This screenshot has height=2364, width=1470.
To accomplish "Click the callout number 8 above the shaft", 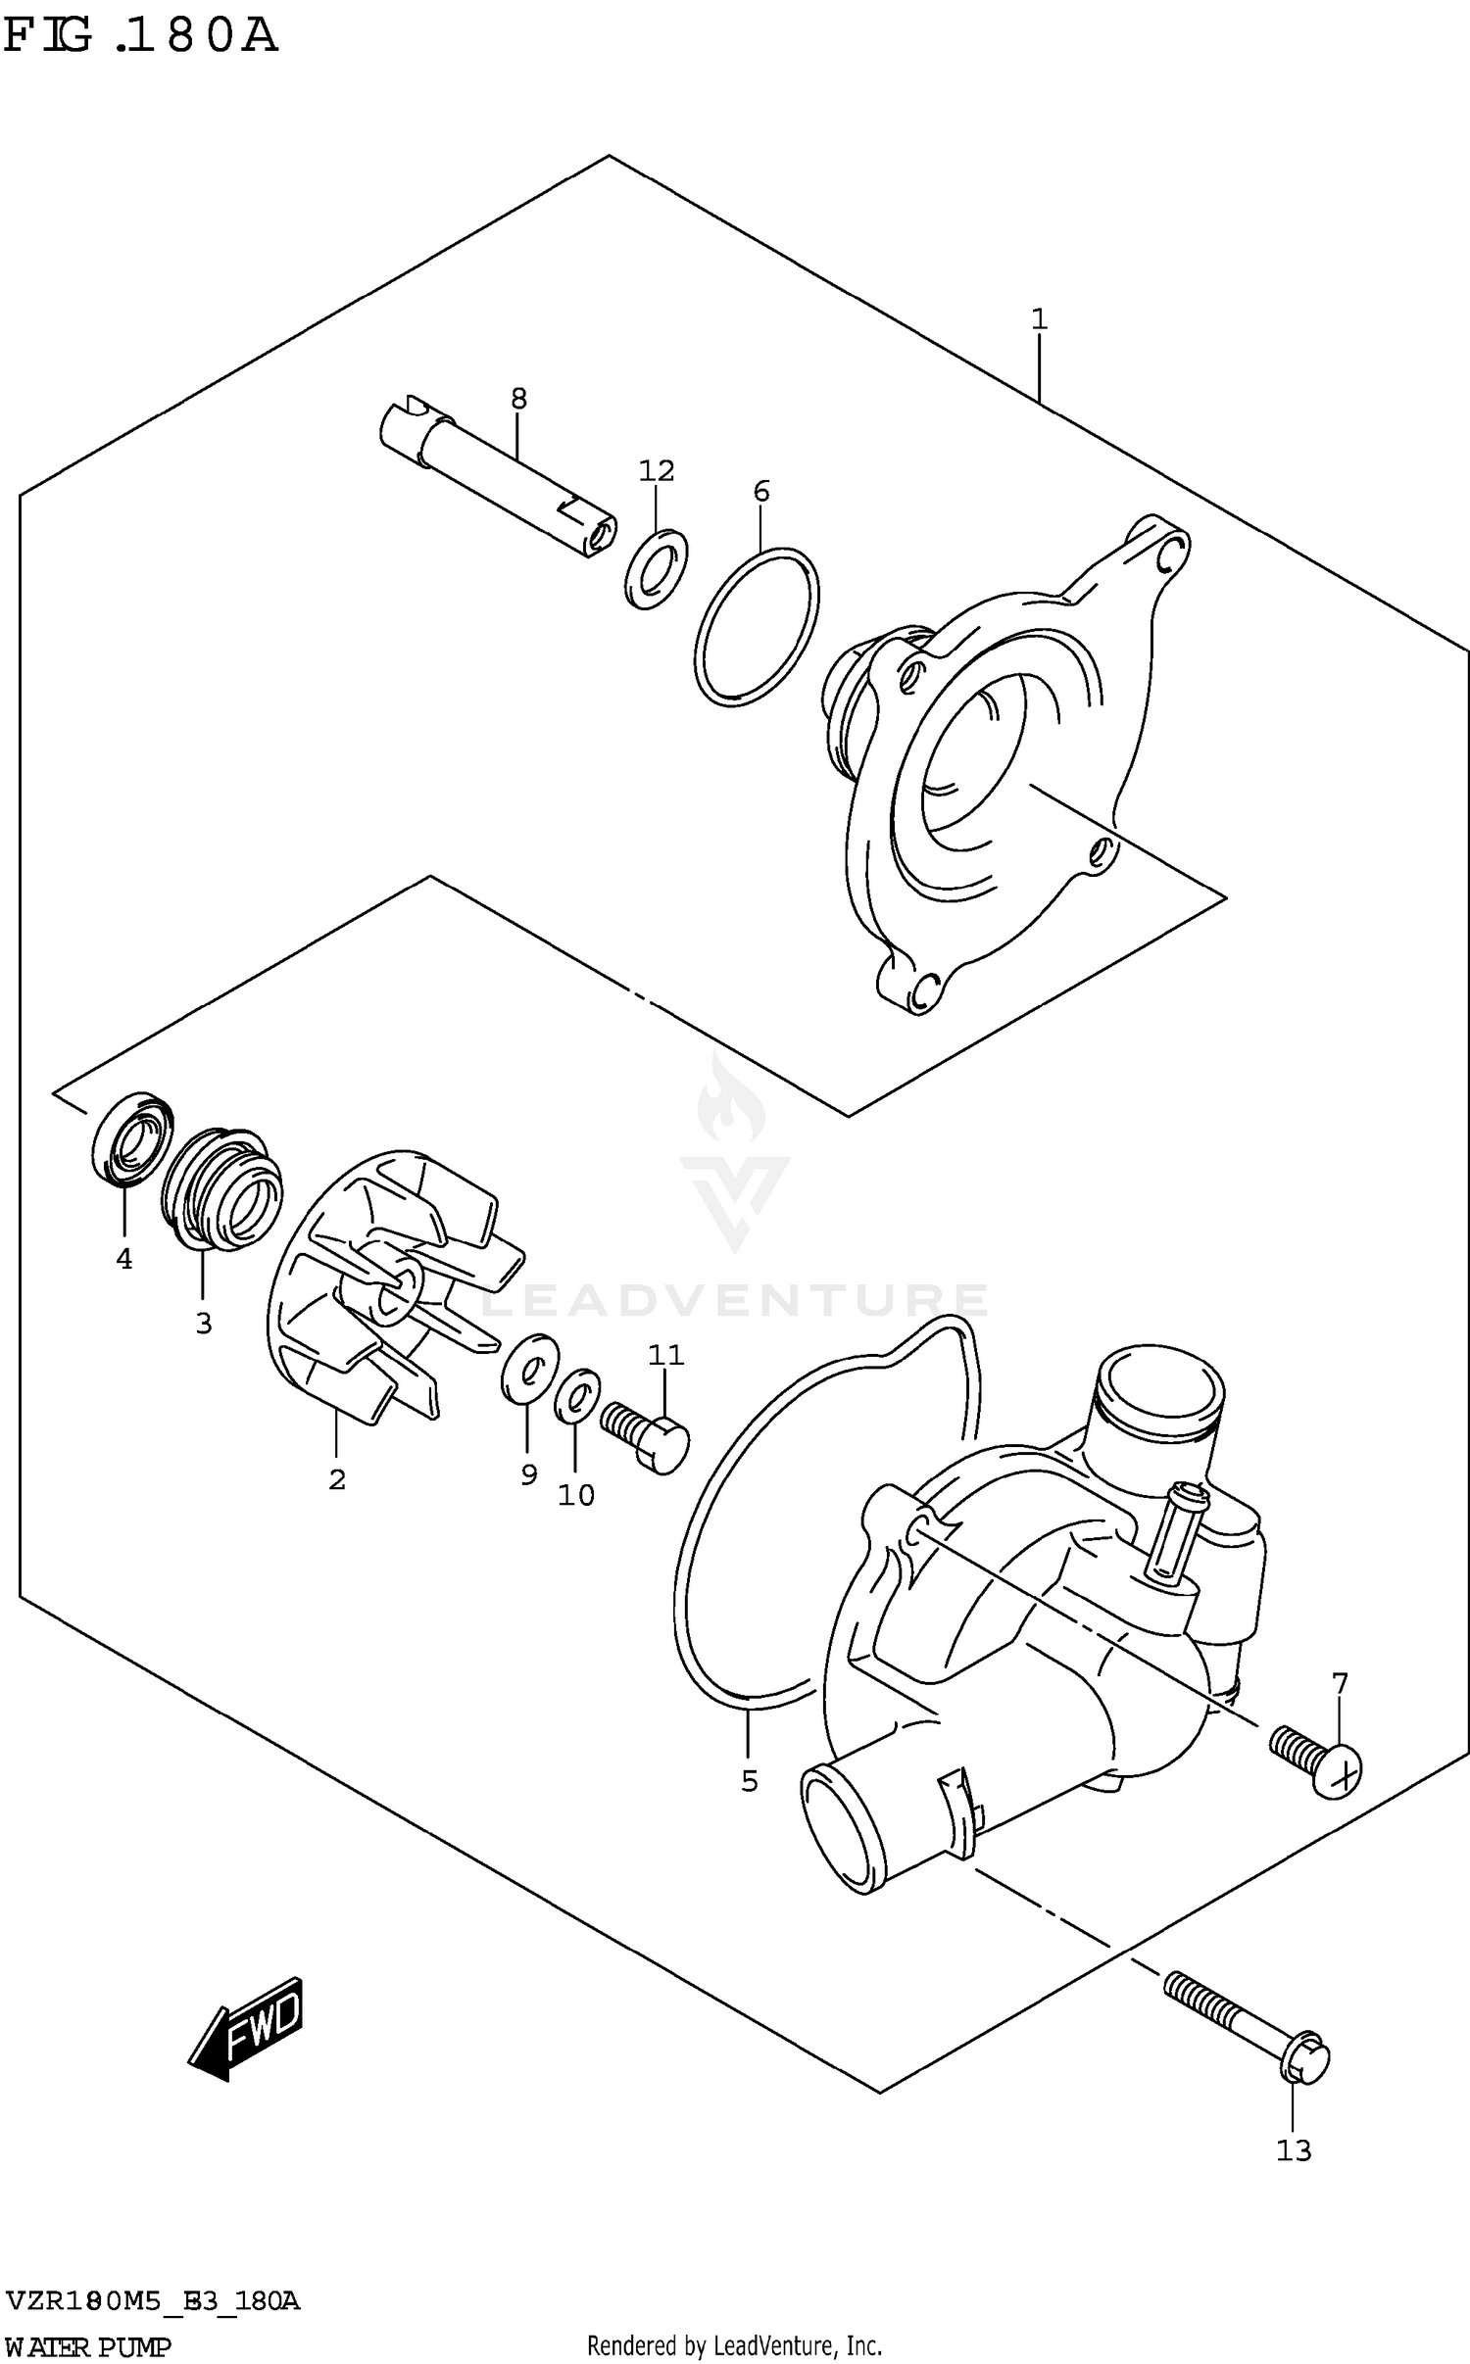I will pyautogui.click(x=518, y=398).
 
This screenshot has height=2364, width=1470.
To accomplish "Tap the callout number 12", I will pyautogui.click(x=657, y=471).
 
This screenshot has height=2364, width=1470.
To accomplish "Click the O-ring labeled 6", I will pyautogui.click(x=757, y=627).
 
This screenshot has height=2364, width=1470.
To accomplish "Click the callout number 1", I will pyautogui.click(x=1039, y=318).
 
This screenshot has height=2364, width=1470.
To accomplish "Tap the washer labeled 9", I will pyautogui.click(x=529, y=1366).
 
